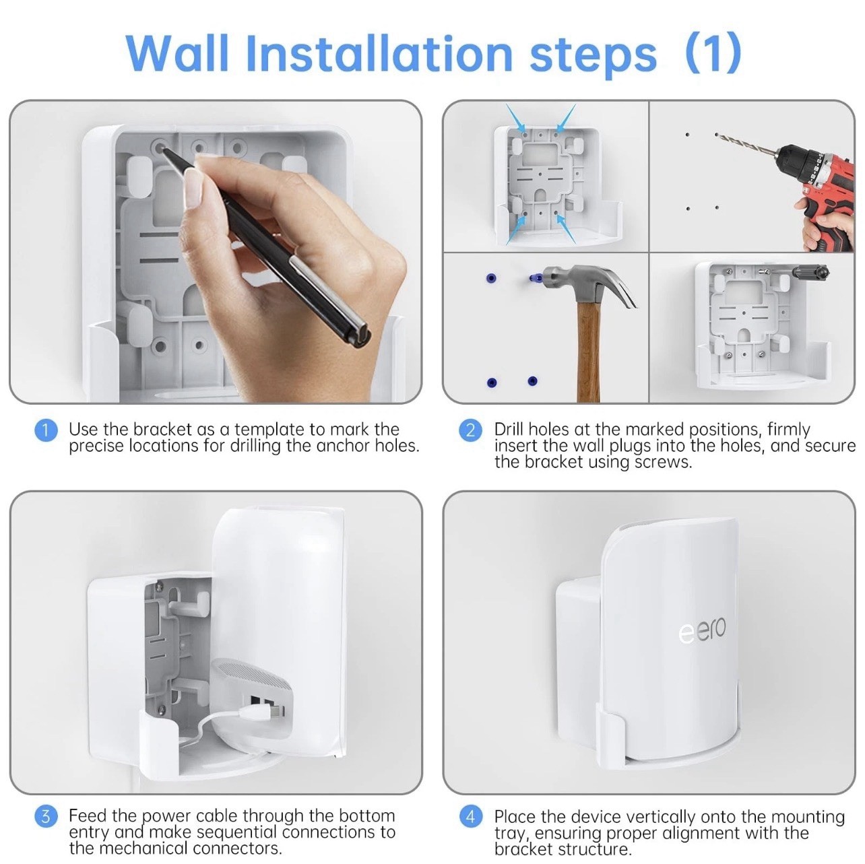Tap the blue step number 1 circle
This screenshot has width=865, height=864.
pos(45,430)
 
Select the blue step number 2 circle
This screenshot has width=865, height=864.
pos(470,430)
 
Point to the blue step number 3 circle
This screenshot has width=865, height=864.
pos(45,817)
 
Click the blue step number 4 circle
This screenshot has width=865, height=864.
pos(470,817)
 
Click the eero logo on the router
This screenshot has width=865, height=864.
pos(702,631)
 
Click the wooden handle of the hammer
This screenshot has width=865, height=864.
pos(589,350)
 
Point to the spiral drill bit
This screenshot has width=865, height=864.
pos(744,144)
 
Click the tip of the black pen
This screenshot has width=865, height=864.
pos(164,149)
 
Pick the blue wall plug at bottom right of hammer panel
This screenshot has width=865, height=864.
pos(532,381)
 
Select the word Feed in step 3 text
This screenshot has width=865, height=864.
pos(86,816)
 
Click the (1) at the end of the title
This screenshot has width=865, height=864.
pos(713,53)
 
